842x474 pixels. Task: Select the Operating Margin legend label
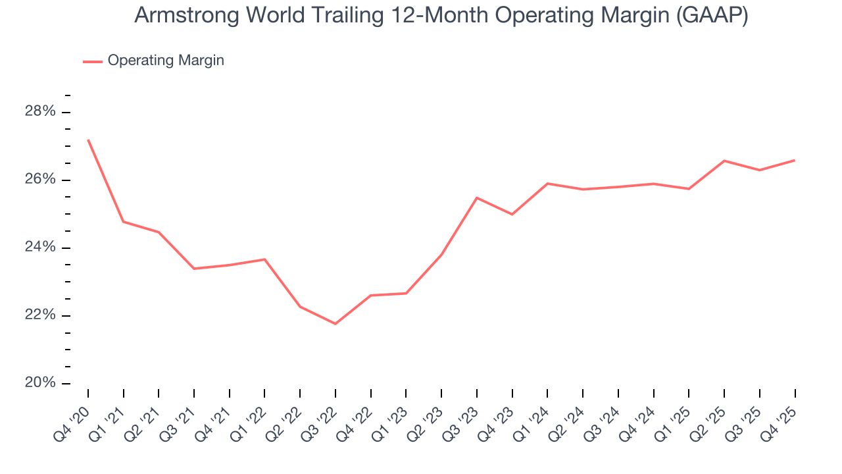tap(166, 61)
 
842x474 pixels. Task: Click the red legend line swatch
tap(92, 61)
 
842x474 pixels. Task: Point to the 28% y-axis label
tap(40, 111)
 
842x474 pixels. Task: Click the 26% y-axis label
tap(40, 180)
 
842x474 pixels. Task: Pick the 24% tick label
tap(40, 248)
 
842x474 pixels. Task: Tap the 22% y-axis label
tap(40, 315)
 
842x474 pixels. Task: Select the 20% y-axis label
tap(40, 383)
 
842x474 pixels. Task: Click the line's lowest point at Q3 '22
tap(335, 323)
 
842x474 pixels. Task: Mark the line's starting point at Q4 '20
tap(88, 140)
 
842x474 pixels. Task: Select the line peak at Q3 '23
tap(477, 197)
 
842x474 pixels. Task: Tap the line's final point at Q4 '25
tap(795, 160)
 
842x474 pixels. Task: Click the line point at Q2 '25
tap(724, 161)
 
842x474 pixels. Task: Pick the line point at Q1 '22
tap(264, 259)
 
